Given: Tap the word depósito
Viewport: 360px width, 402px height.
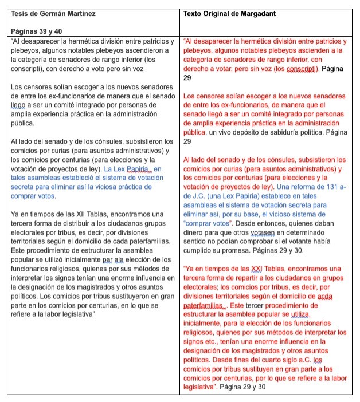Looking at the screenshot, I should pos(241,132).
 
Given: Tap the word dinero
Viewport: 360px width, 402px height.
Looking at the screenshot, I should pos(195,232).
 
